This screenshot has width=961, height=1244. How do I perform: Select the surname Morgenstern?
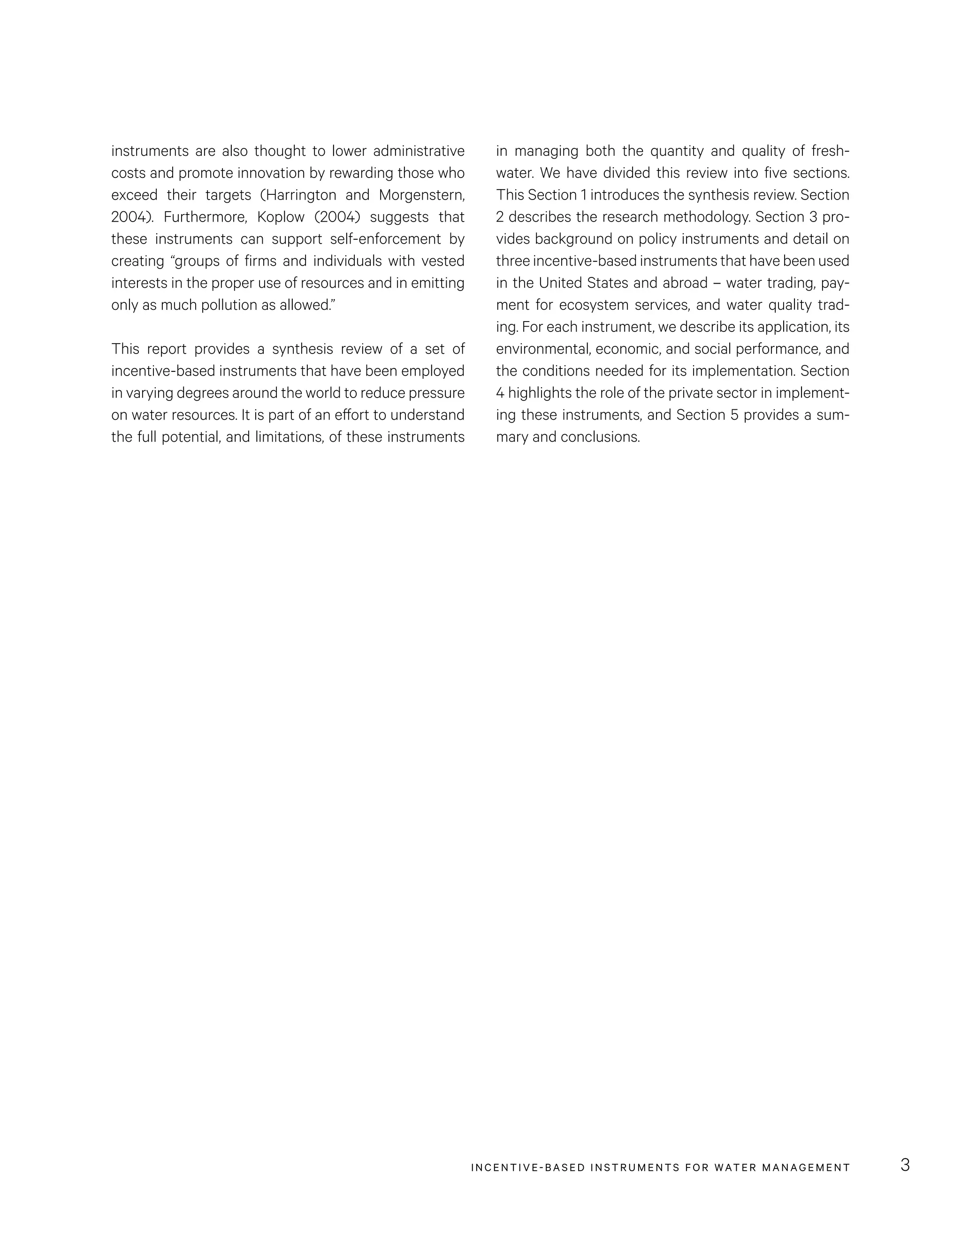pos(421,195)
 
